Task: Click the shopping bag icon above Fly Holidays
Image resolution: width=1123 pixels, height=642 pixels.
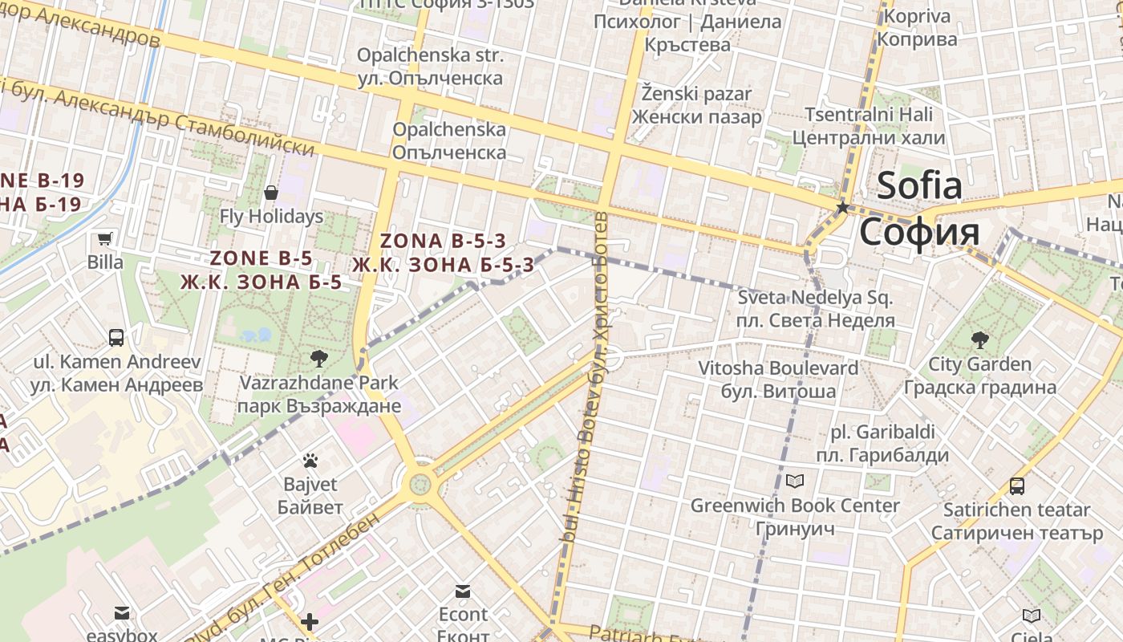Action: point(271,193)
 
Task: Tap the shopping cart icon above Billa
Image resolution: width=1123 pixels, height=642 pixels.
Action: point(105,238)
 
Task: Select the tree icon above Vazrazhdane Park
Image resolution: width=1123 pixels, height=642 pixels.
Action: point(318,358)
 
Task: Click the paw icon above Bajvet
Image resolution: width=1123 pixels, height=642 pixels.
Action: point(310,461)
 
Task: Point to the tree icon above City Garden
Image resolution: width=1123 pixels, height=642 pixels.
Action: point(979,339)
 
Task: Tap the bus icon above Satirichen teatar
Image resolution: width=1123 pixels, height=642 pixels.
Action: point(1016,486)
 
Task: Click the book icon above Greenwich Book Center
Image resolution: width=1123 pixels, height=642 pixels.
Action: point(795,481)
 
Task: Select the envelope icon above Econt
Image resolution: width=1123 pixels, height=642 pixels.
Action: point(463,591)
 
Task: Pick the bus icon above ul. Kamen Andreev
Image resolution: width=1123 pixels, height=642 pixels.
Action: point(116,337)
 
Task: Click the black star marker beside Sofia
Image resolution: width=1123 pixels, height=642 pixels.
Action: point(842,208)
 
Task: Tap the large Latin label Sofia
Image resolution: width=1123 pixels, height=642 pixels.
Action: point(919,185)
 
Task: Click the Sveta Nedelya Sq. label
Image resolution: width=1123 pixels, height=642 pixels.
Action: point(815,299)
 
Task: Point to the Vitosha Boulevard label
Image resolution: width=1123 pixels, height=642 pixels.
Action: point(778,368)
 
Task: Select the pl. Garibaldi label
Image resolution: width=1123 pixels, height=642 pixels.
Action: point(882,433)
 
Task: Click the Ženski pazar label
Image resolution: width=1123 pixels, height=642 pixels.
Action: point(696,94)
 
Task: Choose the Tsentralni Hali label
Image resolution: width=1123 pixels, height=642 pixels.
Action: point(869,115)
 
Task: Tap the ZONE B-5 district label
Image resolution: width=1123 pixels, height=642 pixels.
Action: point(261,258)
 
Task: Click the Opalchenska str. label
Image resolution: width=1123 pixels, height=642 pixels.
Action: point(430,55)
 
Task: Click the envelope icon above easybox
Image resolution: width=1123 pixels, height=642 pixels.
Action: point(122,614)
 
